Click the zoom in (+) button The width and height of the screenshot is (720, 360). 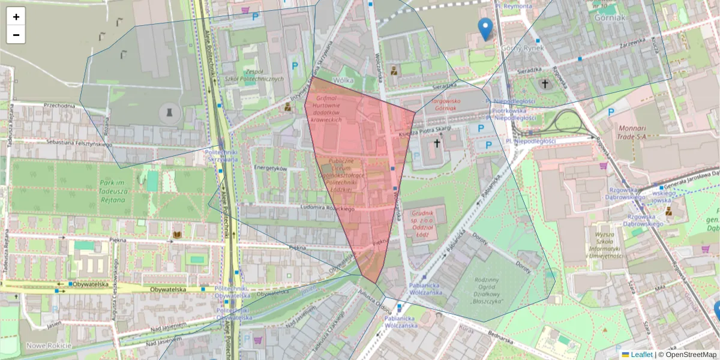(16, 17)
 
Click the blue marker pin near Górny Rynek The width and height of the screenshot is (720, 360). (485, 29)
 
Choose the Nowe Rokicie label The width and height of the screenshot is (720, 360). (49, 346)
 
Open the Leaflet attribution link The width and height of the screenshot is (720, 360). (641, 355)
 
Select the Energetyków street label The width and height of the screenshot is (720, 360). (271, 169)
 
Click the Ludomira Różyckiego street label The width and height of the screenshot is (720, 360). (307, 207)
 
